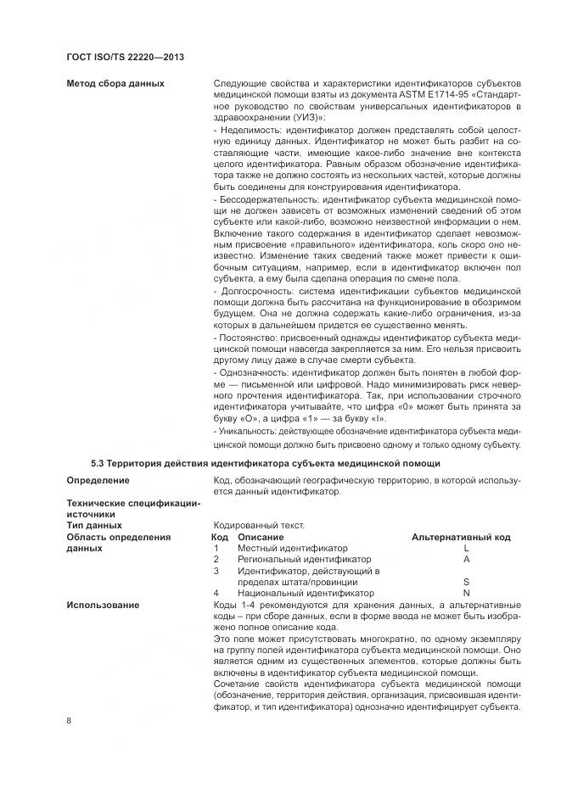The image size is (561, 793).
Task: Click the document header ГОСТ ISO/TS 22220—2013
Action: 125,57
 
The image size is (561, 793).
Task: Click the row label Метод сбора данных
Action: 115,83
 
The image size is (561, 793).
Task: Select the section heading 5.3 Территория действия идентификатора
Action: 265,463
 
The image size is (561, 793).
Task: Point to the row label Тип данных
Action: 94,526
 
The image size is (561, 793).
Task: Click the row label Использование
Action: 104,605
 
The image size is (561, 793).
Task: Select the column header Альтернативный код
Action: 461,537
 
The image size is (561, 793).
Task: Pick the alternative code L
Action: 466,549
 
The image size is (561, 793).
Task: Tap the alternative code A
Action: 466,560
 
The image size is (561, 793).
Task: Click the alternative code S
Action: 466,582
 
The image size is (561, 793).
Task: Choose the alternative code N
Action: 466,593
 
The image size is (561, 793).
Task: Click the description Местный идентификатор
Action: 292,549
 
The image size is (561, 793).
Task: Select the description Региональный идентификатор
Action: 304,560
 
